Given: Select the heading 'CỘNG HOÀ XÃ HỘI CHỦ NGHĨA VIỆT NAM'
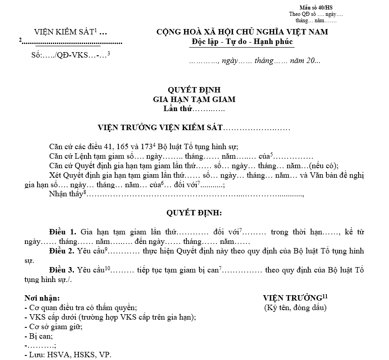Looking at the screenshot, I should click(x=242, y=32).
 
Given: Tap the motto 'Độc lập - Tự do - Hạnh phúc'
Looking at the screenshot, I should click(x=242, y=42).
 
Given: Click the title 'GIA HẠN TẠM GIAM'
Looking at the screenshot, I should click(x=194, y=99).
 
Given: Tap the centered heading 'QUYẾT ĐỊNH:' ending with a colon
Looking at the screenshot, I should click(x=194, y=212).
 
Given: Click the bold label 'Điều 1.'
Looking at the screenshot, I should click(x=63, y=232).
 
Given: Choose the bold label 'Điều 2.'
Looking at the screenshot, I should click(x=63, y=251).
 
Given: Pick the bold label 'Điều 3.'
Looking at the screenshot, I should click(x=63, y=270).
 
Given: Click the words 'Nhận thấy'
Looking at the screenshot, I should click(x=65, y=195).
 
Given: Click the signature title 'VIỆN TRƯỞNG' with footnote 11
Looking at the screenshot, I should click(x=292, y=298).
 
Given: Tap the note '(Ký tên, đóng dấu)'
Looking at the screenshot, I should click(x=295, y=308).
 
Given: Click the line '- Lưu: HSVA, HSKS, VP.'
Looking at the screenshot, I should click(x=68, y=355).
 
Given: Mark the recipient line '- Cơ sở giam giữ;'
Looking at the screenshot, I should click(x=53, y=326).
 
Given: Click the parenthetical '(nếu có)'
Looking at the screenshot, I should click(x=323, y=165).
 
